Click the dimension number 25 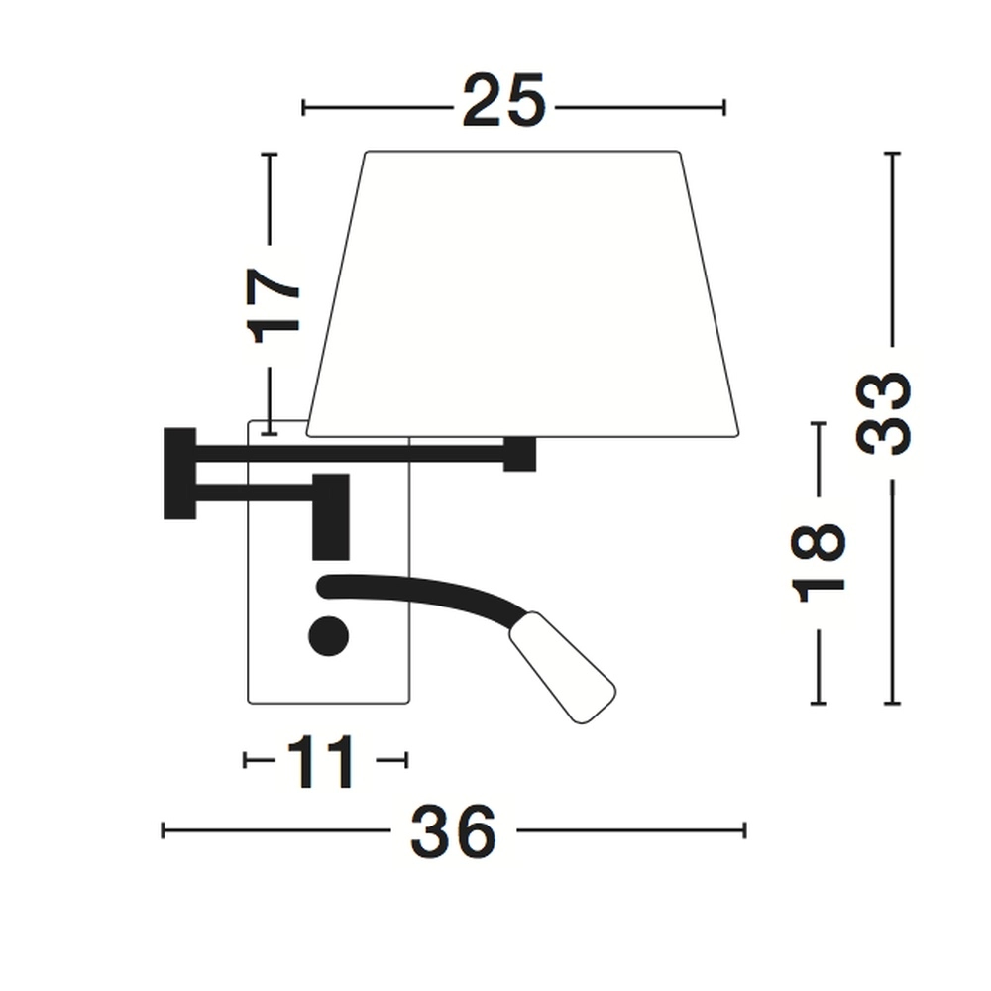click(503, 101)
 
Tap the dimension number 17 click(273, 305)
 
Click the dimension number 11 click(321, 762)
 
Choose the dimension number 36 click(453, 831)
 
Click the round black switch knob click(329, 636)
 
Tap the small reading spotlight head click(563, 667)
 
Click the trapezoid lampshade click(522, 294)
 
